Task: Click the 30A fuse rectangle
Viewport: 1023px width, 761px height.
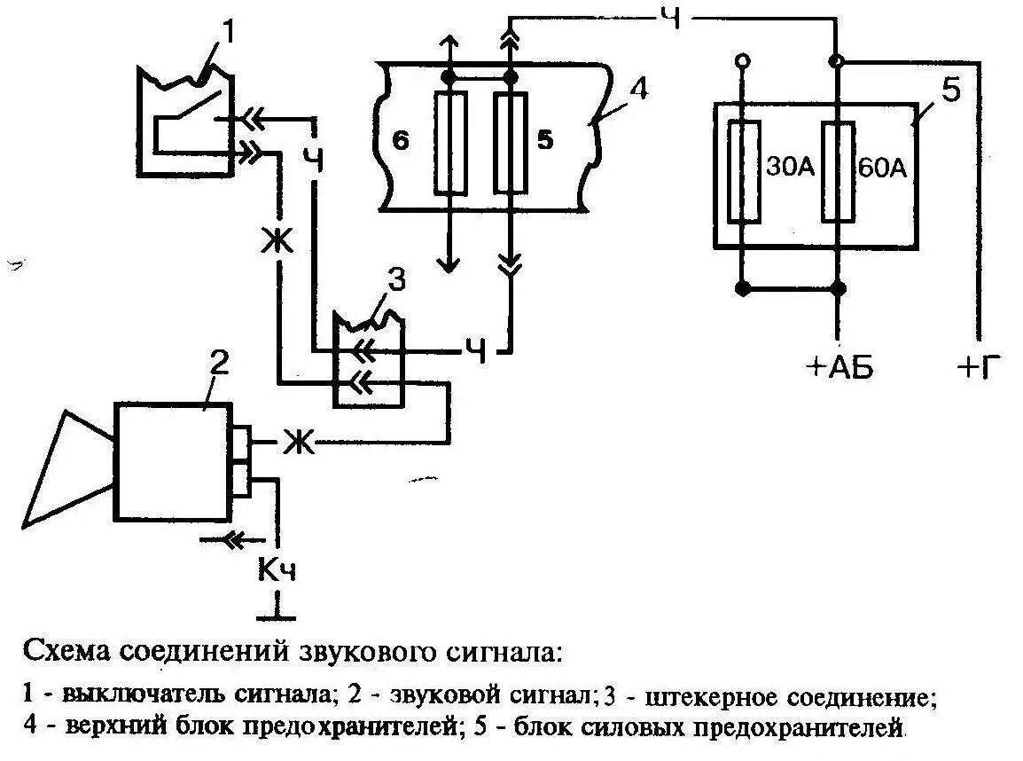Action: pos(743,172)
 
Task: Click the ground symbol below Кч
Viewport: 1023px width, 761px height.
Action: pos(277,614)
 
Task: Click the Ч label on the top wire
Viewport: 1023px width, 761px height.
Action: pos(671,16)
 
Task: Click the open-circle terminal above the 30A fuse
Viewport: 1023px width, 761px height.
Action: pos(742,61)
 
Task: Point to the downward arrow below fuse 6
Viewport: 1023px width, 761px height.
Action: pos(449,263)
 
